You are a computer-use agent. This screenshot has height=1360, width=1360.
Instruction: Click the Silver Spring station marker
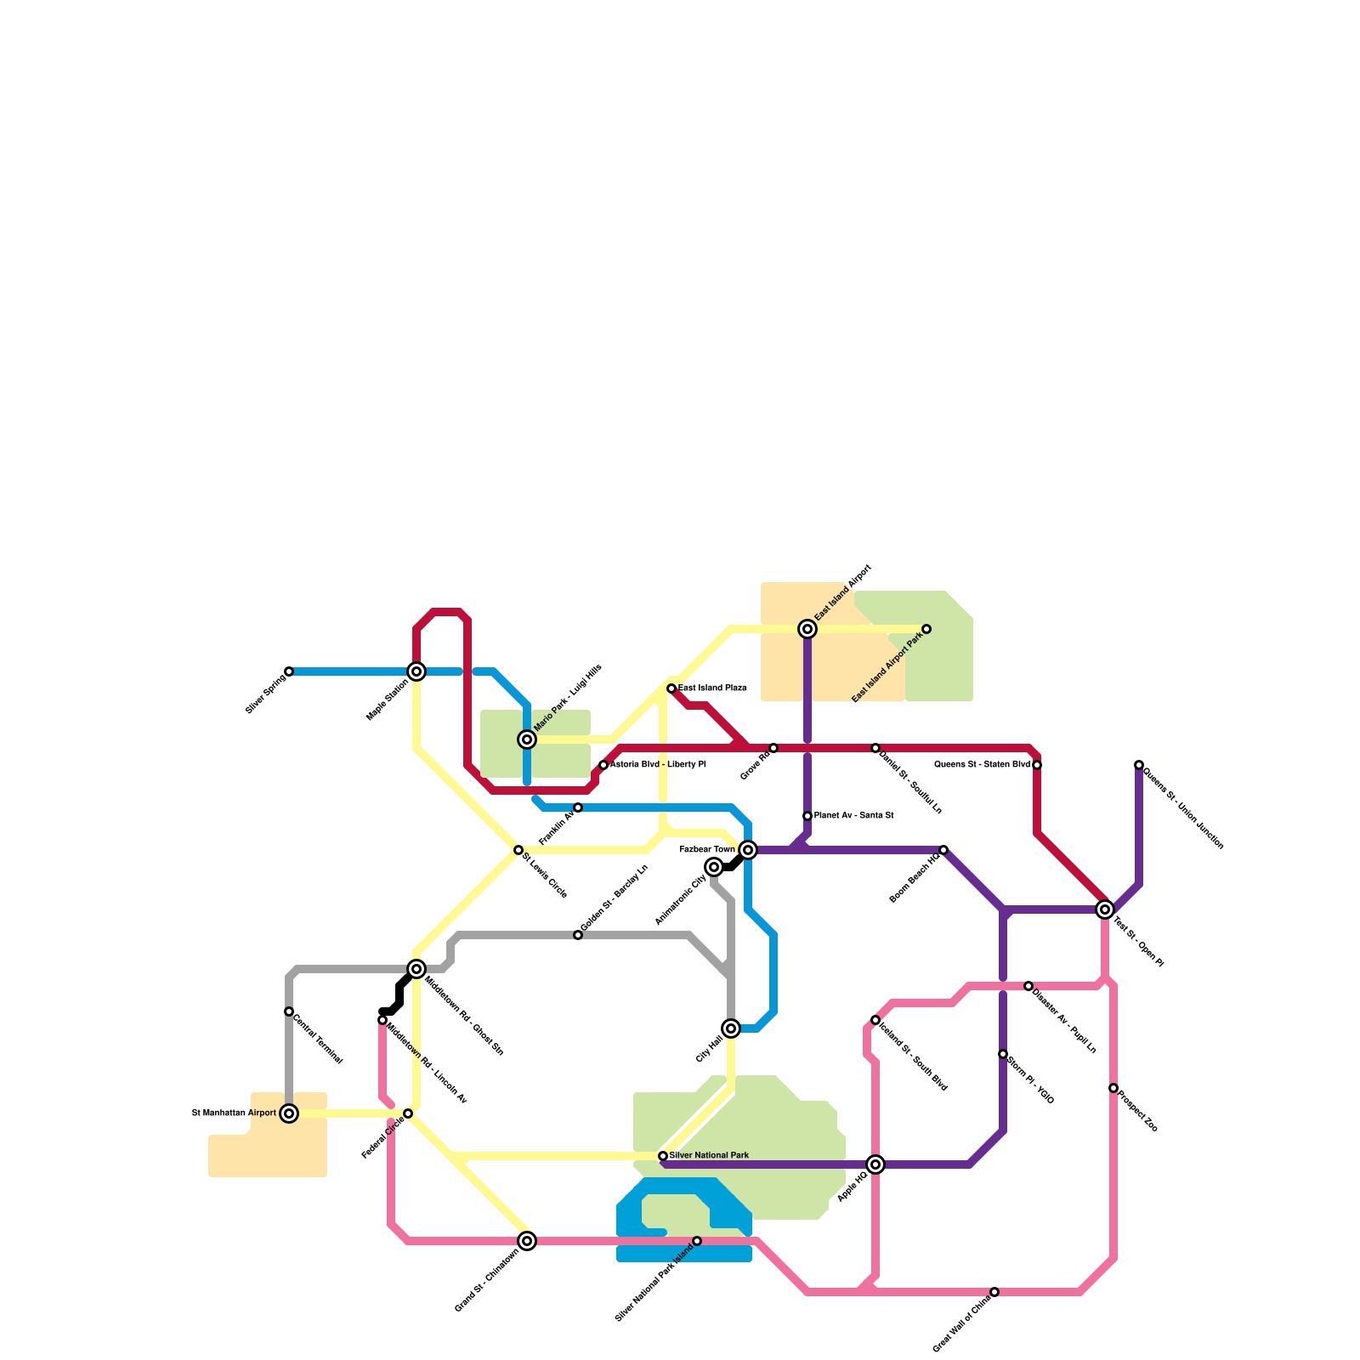click(x=289, y=671)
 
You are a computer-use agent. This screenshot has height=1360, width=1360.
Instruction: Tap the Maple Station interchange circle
click(x=416, y=671)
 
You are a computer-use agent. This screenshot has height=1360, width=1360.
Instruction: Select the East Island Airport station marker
click(x=807, y=629)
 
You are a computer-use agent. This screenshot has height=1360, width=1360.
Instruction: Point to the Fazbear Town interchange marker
click(x=748, y=850)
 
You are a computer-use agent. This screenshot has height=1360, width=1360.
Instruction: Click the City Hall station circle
click(x=731, y=1028)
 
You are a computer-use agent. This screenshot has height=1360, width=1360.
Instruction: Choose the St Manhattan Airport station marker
click(x=289, y=1113)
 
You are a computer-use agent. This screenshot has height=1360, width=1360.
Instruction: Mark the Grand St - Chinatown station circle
click(x=527, y=1241)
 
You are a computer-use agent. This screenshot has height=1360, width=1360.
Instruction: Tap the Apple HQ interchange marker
click(x=875, y=1164)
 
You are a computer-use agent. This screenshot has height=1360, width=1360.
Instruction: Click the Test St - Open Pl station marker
click(x=1105, y=909)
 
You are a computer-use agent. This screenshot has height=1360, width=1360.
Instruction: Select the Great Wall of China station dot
click(x=994, y=1292)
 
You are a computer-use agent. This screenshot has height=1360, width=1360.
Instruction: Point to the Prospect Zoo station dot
click(x=1113, y=1088)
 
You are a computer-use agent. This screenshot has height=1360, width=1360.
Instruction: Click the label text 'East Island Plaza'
click(x=712, y=688)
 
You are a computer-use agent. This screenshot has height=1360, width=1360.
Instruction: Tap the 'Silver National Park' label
click(x=710, y=1155)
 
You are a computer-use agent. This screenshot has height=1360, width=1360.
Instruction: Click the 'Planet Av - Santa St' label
click(x=853, y=816)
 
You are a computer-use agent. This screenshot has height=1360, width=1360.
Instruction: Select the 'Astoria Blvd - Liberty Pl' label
click(x=657, y=765)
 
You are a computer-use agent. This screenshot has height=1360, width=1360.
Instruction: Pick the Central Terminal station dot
click(x=289, y=1011)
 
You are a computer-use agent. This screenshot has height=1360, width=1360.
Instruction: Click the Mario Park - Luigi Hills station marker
click(x=527, y=739)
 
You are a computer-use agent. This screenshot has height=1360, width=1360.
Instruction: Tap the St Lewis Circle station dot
click(x=518, y=850)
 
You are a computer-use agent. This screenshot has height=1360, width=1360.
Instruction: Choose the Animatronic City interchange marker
click(x=714, y=867)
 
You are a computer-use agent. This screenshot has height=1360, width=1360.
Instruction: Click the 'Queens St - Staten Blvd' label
click(x=982, y=765)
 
